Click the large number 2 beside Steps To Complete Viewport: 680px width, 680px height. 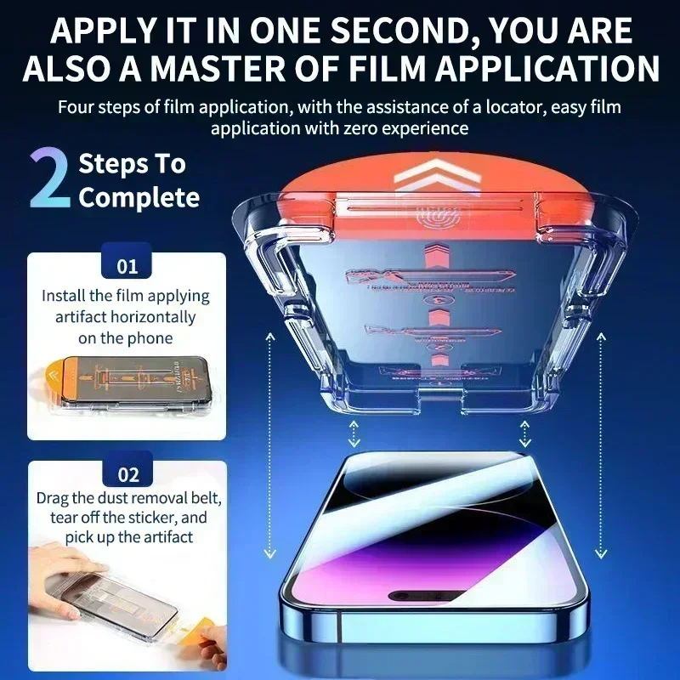pyautogui.click(x=49, y=179)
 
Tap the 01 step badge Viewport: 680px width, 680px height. pyautogui.click(x=127, y=266)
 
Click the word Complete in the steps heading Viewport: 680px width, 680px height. pyautogui.click(x=139, y=198)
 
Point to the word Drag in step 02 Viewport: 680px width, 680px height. pyautogui.click(x=53, y=497)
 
